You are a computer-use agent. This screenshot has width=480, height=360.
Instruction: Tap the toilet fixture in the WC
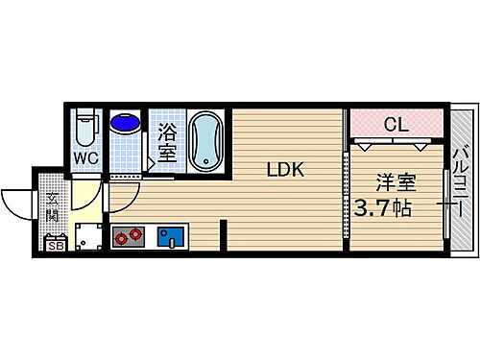[x=86, y=128]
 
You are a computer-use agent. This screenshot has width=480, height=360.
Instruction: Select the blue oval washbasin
[x=124, y=125]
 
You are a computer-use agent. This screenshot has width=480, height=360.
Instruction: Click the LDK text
[x=285, y=170]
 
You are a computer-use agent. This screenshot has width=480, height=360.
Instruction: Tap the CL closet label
[x=395, y=124]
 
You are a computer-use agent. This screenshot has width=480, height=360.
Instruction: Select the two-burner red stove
[x=128, y=236]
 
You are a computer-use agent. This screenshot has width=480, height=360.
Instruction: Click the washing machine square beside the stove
[x=88, y=236]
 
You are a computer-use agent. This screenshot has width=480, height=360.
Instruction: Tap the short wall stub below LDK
[x=224, y=235]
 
